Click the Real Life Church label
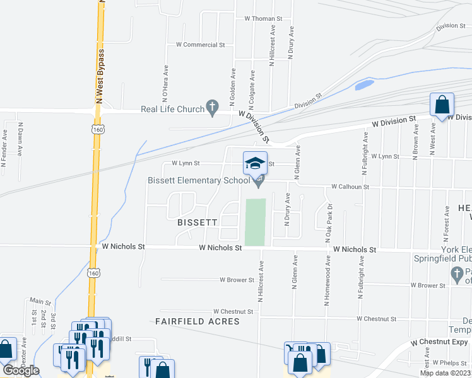click(x=172, y=109)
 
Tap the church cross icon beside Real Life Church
click(x=213, y=108)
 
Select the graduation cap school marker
click(x=255, y=164)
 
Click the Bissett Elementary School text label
click(x=199, y=181)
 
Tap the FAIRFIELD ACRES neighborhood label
click(x=198, y=321)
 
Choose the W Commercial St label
click(x=201, y=45)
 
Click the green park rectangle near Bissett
click(x=256, y=222)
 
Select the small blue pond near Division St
click(x=364, y=84)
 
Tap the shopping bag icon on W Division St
click(x=442, y=105)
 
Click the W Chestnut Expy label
click(x=440, y=342)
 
